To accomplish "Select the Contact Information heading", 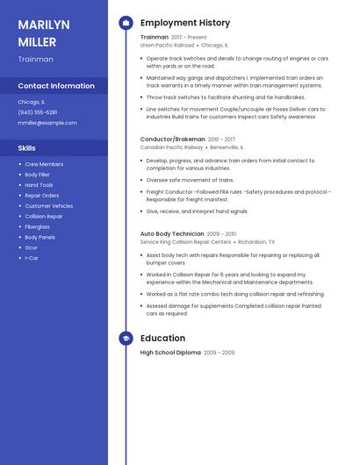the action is click(x=56, y=86).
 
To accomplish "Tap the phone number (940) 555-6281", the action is click(x=37, y=112).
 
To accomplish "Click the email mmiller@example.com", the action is click(x=47, y=123).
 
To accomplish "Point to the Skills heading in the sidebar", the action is click(x=27, y=148).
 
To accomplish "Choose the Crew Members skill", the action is click(x=44, y=164).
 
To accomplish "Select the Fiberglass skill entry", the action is click(x=38, y=226).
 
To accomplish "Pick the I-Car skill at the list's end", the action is click(x=31, y=258).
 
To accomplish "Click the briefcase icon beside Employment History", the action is click(x=126, y=23).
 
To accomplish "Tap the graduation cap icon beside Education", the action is click(x=126, y=338).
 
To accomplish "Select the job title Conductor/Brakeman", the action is click(x=172, y=139).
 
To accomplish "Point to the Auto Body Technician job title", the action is click(x=172, y=234).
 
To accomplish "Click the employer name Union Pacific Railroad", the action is click(x=167, y=45).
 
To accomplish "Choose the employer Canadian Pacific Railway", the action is click(x=171, y=147).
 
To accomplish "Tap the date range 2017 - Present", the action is click(x=189, y=37).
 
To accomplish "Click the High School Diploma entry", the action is click(x=170, y=352).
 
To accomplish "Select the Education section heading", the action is click(x=162, y=338).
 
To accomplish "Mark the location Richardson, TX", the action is click(x=256, y=242).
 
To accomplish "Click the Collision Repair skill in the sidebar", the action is click(x=44, y=216).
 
